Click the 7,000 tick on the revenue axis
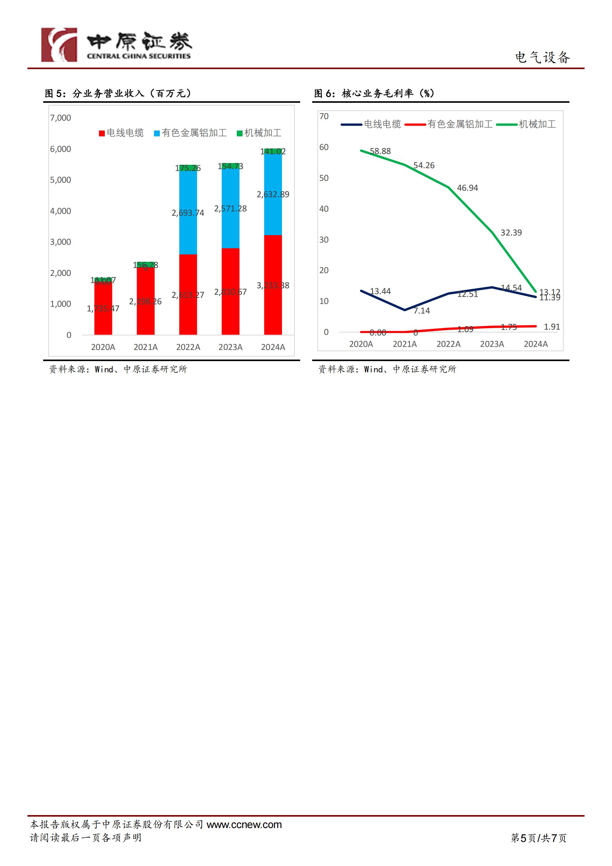point(60,118)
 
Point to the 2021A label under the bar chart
point(146,347)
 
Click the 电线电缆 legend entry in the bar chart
point(122,133)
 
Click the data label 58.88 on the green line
point(380,151)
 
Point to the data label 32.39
point(511,233)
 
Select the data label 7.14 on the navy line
point(422,311)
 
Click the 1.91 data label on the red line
point(552,327)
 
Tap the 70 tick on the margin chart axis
point(324,116)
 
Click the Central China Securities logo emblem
point(59,44)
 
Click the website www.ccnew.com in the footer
point(244,825)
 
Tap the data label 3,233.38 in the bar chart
point(273,285)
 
